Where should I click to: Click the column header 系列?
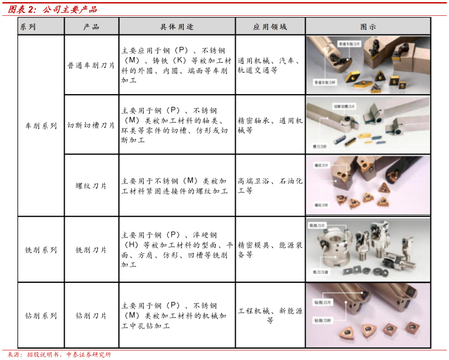[28, 27]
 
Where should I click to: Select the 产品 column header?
[91, 27]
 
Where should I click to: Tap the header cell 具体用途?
[177, 27]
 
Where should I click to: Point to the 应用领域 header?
[270, 27]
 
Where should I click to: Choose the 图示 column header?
[368, 27]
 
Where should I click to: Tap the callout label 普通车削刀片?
[349, 44]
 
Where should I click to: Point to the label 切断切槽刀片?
[344, 106]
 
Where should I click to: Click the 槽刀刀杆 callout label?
[320, 146]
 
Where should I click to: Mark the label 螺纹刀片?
[322, 165]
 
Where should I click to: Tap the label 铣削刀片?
[317, 225]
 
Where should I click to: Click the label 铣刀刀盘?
[321, 272]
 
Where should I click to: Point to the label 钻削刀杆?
[323, 320]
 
